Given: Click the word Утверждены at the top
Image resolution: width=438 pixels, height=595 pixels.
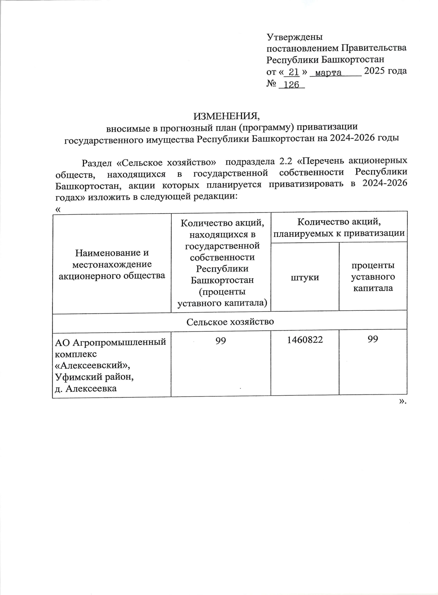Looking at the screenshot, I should click(x=295, y=37).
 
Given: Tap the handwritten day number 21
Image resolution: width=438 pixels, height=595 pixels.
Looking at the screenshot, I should click(x=293, y=72).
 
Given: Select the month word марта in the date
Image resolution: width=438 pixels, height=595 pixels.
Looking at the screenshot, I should click(x=328, y=73).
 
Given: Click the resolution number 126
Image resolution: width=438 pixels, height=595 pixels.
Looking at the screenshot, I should click(x=291, y=85).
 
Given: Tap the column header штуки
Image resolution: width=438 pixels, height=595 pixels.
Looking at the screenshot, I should click(x=305, y=277).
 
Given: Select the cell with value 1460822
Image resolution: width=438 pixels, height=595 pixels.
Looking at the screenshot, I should click(x=305, y=340).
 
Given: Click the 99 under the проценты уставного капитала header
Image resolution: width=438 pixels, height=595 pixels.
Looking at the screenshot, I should click(x=373, y=339).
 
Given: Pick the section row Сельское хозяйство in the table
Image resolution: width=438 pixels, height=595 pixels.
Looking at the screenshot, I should click(x=230, y=322).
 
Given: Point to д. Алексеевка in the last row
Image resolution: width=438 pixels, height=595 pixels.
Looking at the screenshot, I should click(x=86, y=388).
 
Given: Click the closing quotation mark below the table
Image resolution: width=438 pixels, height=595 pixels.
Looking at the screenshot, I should click(x=402, y=402).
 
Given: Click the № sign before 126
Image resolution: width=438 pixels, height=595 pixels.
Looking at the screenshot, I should click(x=271, y=84).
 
